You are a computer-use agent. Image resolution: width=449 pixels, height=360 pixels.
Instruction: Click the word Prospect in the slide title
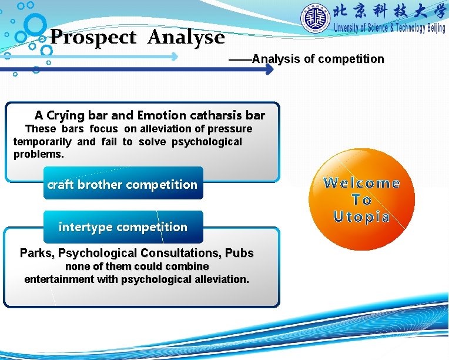point(93,38)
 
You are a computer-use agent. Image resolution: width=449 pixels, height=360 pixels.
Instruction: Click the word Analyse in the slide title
point(186,38)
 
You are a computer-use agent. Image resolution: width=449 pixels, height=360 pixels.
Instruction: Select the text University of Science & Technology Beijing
point(389,28)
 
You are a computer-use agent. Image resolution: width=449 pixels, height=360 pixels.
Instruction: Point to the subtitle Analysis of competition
point(317,59)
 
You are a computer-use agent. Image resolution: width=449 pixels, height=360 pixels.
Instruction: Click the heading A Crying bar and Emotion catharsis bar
point(149,115)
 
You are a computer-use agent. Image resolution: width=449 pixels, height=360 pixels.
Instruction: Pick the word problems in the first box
point(38,154)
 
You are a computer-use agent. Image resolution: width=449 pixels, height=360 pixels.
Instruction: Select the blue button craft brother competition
point(122,185)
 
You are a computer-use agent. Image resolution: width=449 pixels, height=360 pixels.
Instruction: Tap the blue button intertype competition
point(123,227)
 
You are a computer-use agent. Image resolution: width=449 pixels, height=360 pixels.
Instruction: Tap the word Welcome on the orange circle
point(361,183)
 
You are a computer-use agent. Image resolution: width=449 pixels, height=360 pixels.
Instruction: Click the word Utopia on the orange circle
point(361,217)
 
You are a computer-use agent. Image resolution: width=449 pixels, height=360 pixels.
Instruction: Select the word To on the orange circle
point(361,200)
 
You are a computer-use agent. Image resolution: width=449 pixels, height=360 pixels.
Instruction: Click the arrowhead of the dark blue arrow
point(269,69)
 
